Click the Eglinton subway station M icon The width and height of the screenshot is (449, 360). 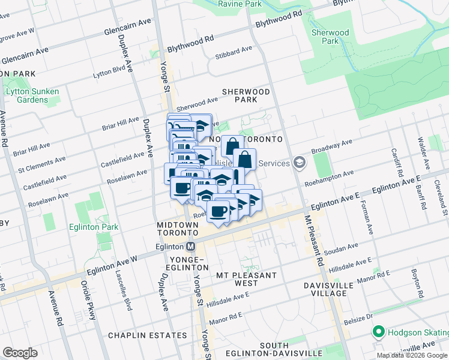(x=191, y=246)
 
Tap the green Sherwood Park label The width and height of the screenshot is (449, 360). (x=330, y=37)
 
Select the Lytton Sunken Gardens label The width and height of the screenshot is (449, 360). (x=32, y=95)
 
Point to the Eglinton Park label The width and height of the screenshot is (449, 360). (x=92, y=227)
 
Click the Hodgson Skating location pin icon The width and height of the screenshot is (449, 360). (x=379, y=332)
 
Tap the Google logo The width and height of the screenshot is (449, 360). (x=20, y=353)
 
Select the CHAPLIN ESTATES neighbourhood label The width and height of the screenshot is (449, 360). (x=147, y=335)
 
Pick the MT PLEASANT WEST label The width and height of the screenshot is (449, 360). (x=247, y=279)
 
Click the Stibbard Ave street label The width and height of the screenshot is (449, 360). (x=234, y=52)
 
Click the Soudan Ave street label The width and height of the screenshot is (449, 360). (x=340, y=247)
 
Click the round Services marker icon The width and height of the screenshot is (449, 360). (x=299, y=163)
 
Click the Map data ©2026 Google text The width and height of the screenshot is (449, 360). (x=412, y=355)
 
